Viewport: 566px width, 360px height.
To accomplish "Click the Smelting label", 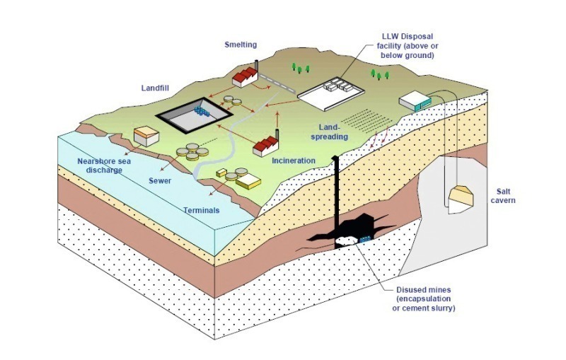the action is coord(241,45).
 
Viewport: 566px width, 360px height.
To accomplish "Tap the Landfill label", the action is coord(155,88).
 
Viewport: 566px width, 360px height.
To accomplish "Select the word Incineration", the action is coord(294,161).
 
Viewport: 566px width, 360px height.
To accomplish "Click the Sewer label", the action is coord(160,181).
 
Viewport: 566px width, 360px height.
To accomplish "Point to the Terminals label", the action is coord(202,210).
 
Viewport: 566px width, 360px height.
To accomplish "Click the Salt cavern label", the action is coord(503,196).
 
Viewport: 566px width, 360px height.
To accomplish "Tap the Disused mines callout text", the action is coord(424,299).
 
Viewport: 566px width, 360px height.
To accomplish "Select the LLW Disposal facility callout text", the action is coord(408,46).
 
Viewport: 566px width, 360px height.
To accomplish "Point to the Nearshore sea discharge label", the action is coord(104,166).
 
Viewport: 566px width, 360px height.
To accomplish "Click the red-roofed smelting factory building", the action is coord(245,78).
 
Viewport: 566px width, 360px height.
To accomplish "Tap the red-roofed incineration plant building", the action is coord(266,146).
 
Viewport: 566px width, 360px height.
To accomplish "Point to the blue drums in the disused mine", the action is coord(365,239).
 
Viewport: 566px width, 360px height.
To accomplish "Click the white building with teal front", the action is coord(415,100).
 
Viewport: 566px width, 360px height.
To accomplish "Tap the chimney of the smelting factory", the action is coord(257,66).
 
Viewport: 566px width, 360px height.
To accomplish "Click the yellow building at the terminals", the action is coord(248,181).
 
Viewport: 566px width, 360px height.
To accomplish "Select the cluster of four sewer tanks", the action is coord(192,151).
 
